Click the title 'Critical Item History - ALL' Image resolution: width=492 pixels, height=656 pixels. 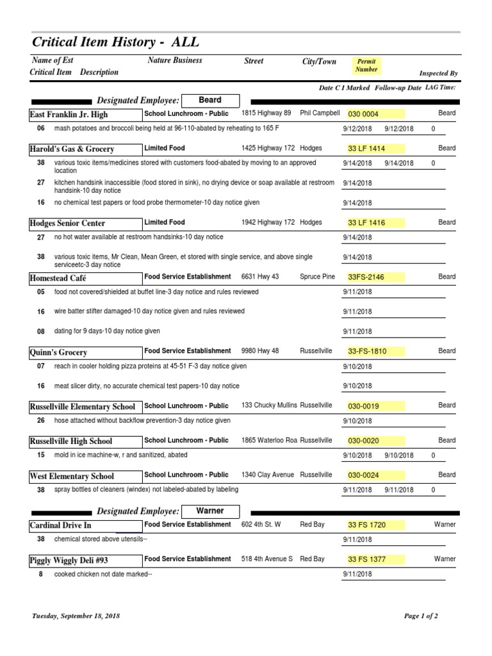115,42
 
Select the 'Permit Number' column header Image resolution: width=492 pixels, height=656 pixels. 366,65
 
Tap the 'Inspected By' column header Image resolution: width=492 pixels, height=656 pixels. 438,74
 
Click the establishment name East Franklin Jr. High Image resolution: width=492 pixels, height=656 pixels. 69,115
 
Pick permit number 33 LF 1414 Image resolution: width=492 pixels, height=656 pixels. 366,149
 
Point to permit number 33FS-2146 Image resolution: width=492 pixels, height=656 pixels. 366,277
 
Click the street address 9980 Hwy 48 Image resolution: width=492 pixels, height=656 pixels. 260,351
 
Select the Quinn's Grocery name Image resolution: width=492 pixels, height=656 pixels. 59,352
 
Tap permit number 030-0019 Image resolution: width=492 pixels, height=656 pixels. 365,406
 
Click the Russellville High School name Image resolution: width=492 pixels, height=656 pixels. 71,441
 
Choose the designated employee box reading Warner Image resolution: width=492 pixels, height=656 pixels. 210,511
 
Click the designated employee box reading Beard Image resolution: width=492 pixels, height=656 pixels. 210,100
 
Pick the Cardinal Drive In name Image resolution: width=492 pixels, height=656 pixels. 61,525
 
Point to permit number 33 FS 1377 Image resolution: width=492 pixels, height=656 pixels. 366,560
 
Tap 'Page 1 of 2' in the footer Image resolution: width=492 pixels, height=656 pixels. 421,616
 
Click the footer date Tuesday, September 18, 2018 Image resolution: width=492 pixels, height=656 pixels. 76,616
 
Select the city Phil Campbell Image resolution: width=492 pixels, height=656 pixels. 320,113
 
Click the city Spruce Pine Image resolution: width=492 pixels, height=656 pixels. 318,277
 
